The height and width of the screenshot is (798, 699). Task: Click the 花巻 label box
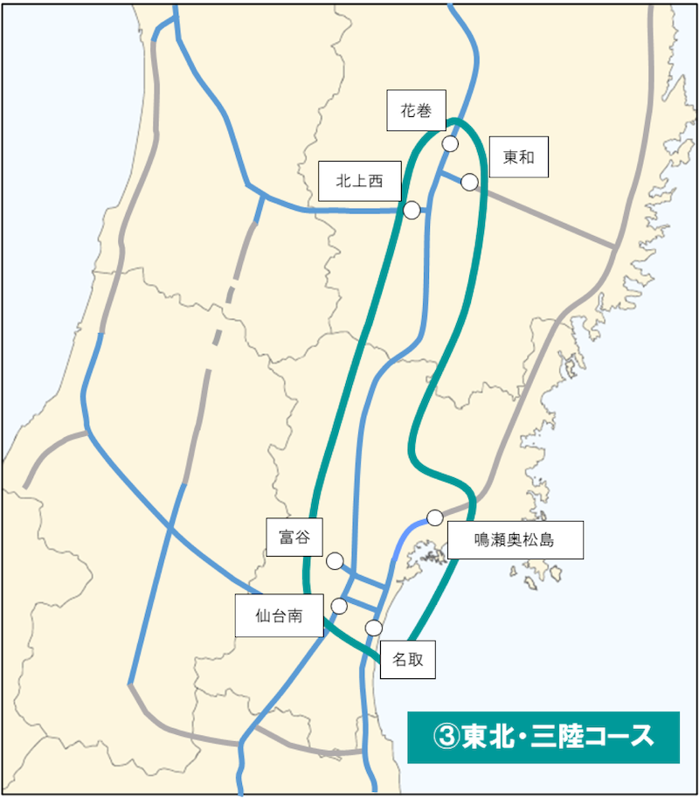click(x=417, y=111)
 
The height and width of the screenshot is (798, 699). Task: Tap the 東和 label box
click(x=518, y=157)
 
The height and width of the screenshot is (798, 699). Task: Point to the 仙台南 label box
click(x=279, y=615)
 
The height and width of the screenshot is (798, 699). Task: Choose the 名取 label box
click(x=408, y=660)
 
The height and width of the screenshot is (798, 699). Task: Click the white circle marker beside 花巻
click(x=451, y=143)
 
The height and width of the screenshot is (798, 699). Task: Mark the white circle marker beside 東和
click(x=469, y=182)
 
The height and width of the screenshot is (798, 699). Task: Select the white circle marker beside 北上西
click(x=412, y=211)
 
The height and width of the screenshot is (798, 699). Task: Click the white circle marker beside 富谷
click(x=335, y=561)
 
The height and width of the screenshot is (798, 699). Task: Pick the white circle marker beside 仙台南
click(x=339, y=606)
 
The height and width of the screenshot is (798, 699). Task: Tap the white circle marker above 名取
click(x=374, y=628)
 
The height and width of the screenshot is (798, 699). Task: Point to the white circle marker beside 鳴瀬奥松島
click(x=434, y=517)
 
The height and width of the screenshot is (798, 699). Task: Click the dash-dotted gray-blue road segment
click(x=225, y=306)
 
